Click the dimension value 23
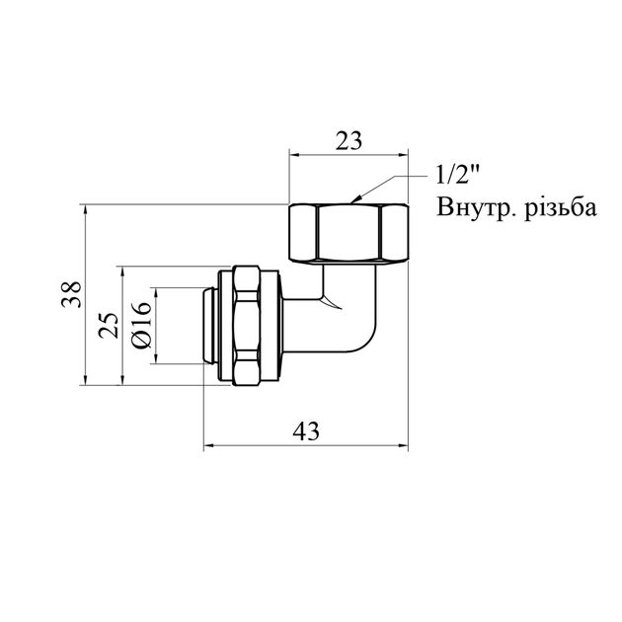point(348,140)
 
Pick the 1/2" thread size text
point(457,177)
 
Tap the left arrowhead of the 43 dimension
point(208,446)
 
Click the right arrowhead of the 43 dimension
point(404,446)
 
